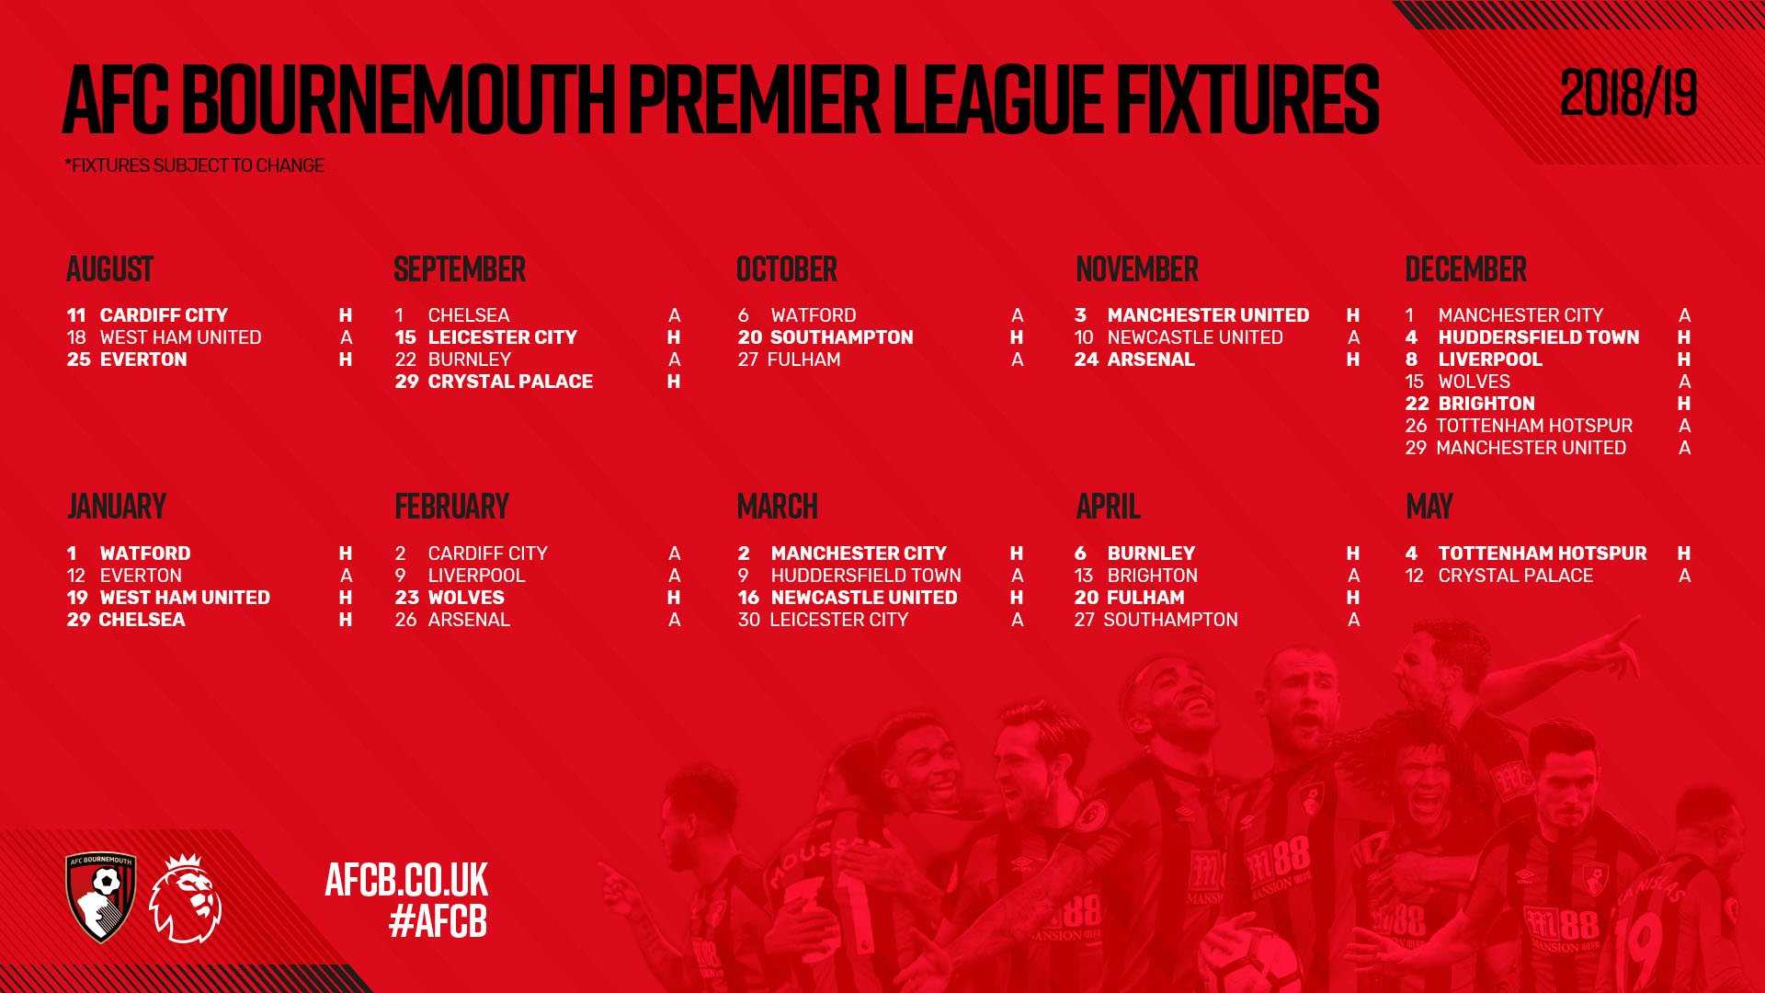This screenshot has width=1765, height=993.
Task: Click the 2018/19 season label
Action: point(1628,93)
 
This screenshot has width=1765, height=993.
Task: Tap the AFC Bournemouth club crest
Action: point(101,897)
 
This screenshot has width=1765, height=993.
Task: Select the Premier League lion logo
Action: point(186,898)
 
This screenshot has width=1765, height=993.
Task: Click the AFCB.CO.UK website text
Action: point(406,880)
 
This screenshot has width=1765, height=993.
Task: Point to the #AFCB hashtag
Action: point(438,921)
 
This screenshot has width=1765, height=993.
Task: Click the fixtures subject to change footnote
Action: point(195,165)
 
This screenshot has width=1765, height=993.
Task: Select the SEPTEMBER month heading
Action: point(460,269)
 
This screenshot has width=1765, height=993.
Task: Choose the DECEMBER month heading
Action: point(1465,269)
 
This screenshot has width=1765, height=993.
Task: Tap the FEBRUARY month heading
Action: point(451,507)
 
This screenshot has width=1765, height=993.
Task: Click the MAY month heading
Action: point(1429,507)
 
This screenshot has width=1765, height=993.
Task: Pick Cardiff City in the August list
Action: point(164,315)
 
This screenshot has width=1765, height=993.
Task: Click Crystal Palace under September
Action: point(510,382)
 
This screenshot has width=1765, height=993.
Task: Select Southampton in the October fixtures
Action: point(841,337)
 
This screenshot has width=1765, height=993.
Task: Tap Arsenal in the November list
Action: point(1151,360)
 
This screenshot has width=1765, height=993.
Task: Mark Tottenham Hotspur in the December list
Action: point(1534,426)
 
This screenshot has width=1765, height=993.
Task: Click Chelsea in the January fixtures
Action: point(142,620)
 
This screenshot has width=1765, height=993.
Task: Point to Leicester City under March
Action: point(838,620)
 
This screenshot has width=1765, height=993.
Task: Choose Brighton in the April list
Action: point(1153,576)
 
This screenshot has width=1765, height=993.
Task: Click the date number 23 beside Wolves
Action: point(407,598)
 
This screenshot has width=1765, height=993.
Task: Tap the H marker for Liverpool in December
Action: point(1684,360)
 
